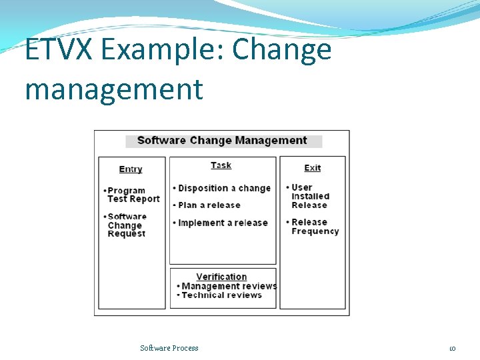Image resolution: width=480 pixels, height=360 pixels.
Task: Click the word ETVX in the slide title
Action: pos(57,50)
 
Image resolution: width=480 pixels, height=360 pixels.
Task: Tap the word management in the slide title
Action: pos(113,89)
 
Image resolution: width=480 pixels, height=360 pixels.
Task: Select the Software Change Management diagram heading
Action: pos(222,141)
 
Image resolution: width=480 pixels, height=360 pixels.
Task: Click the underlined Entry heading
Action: pos(131,169)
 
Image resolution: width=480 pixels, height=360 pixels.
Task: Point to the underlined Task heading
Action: pos(221,165)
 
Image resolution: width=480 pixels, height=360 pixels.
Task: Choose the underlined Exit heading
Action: pos(312,168)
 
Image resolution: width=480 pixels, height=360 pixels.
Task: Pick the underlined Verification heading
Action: pos(221,277)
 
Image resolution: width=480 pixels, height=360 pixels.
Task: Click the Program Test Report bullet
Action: pos(133,195)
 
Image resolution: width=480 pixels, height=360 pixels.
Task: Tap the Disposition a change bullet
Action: pos(224,189)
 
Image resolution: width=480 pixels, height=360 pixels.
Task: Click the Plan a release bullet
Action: pos(209,205)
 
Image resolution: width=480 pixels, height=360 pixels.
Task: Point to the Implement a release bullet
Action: pos(222,223)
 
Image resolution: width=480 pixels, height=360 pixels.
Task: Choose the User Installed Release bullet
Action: pos(310,197)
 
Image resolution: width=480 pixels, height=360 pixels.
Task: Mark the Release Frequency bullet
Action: pos(315,227)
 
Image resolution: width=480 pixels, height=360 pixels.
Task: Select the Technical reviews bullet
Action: pos(221,295)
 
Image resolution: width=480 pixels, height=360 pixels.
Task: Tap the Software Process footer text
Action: pos(169,348)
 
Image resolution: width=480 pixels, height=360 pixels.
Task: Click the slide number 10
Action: pos(452,348)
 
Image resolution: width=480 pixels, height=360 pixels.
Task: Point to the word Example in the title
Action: pos(158,50)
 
